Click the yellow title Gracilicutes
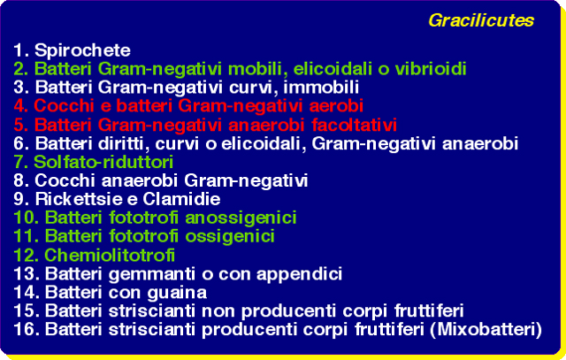coord(481,20)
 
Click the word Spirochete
coord(82,50)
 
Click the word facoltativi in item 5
coord(354,125)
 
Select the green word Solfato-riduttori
coord(103,162)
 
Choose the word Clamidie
coord(181,199)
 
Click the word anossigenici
coord(241,218)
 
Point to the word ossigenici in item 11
coord(230,237)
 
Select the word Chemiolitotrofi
coord(110,256)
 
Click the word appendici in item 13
coord(299,275)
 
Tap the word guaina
coord(177,293)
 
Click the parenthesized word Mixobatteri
coord(486,330)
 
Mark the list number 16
coord(27,330)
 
